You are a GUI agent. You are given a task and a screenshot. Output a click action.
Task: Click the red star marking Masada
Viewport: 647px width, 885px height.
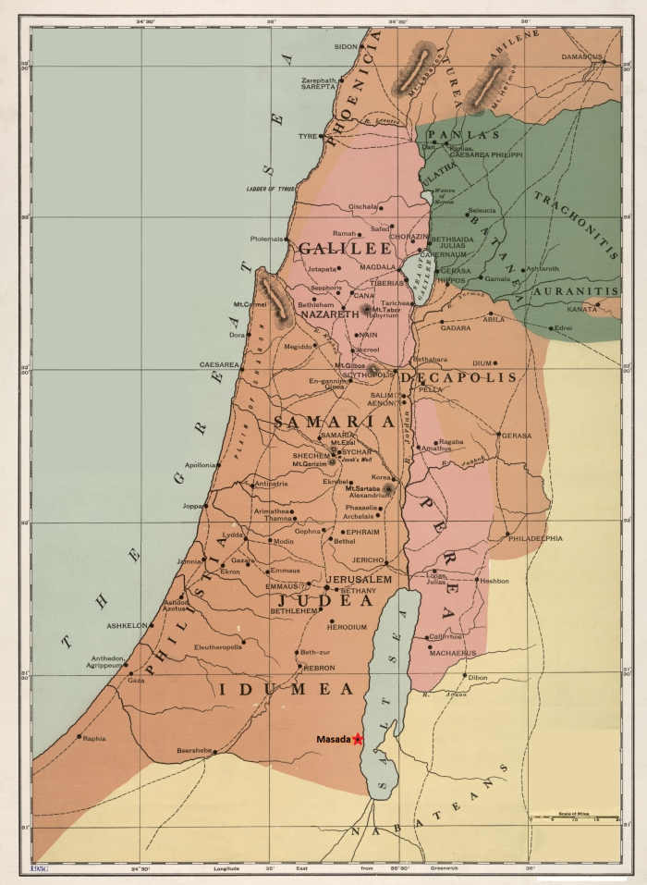tap(357, 739)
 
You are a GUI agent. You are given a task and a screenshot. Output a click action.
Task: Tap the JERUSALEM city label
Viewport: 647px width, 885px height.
tap(359, 580)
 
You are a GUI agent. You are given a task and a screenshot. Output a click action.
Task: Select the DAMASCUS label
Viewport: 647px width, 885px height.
tap(581, 56)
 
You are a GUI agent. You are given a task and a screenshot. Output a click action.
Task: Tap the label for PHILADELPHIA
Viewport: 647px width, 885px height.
tap(534, 538)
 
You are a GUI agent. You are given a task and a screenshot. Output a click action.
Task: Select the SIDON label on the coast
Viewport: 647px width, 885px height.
tap(345, 45)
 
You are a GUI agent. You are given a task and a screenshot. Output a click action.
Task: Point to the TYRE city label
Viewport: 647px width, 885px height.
tap(307, 136)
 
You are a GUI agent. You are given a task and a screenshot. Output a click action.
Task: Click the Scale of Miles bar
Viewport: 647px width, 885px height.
tap(572, 816)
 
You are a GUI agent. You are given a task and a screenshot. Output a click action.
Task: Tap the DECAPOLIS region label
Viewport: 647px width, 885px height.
tap(458, 377)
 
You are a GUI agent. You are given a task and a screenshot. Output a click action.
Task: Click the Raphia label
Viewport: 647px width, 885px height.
tap(94, 738)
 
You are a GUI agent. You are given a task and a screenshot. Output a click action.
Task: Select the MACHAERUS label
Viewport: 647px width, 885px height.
tap(453, 653)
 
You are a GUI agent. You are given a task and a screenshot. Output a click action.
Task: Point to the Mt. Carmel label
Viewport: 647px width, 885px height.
tap(250, 303)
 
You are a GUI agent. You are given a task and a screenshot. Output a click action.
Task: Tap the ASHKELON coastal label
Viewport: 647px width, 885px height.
tap(127, 625)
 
